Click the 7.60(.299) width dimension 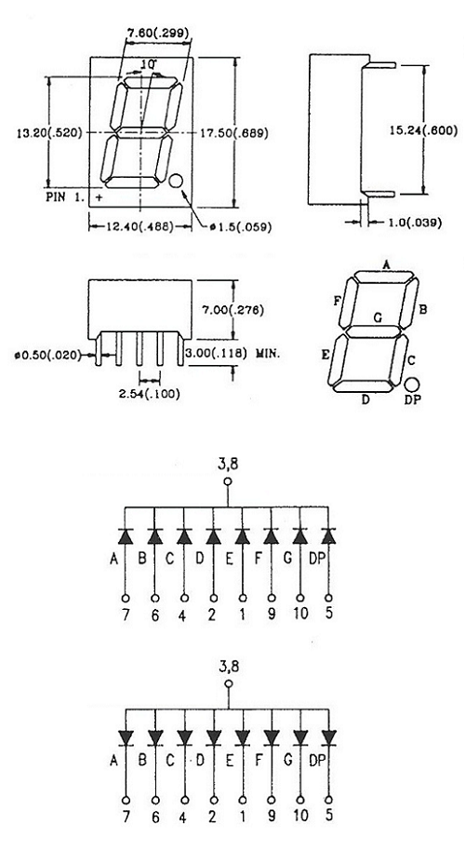point(158,34)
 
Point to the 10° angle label point(149,64)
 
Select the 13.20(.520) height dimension point(48,132)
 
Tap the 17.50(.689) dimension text point(234,132)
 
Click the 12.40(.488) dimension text point(139,227)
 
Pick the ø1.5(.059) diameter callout point(241,227)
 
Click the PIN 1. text point(65,197)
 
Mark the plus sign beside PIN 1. point(99,198)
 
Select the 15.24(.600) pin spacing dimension point(424,130)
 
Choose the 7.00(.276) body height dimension point(232,310)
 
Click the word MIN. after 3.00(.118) point(268,353)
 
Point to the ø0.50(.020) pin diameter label point(48,356)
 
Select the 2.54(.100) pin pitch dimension point(149,394)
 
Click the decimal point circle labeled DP point(412,385)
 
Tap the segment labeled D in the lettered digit point(363,385)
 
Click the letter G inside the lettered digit point(378,318)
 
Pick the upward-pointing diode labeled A point(126,536)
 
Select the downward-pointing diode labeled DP point(328,737)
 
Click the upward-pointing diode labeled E point(242,536)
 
